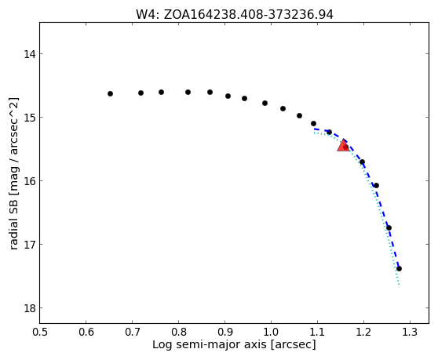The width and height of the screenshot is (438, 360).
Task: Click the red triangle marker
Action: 343,146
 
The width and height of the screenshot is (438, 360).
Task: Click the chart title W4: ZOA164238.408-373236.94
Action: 235,15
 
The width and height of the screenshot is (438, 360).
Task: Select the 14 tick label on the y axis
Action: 30,54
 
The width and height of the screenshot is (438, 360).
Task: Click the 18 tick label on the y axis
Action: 30,308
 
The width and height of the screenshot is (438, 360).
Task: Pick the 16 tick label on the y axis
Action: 30,181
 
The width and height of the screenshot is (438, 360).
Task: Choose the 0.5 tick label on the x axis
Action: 40,332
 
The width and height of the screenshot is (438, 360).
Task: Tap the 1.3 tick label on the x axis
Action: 410,332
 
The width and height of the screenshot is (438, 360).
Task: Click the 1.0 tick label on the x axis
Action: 271,332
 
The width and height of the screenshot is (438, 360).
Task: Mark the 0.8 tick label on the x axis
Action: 179,332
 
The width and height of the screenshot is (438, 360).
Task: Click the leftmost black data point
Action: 111,94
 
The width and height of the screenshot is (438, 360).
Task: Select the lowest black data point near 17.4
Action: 399,269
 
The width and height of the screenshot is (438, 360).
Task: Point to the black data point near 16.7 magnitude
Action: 389,228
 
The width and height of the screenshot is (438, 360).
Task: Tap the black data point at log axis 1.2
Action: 363,162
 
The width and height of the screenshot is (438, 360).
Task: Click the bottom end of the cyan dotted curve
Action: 400,287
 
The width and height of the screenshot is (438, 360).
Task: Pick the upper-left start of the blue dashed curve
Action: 314,129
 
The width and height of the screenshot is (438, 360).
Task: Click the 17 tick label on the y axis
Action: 30,245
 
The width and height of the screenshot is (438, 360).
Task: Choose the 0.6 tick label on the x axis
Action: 86,332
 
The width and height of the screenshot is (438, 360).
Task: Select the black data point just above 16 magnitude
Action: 376,186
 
